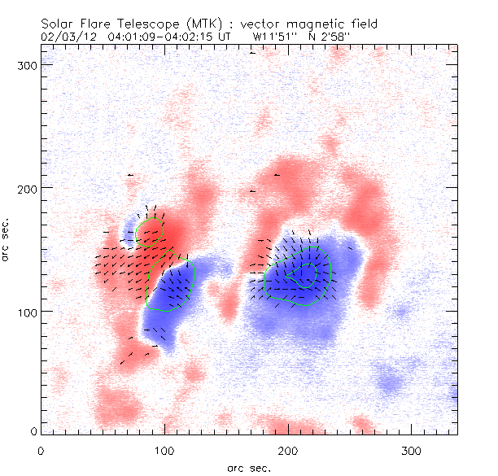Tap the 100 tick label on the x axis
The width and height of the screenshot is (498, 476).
[x=164, y=451]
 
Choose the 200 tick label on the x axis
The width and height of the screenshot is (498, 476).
[x=288, y=451]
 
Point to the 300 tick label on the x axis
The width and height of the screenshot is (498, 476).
[x=412, y=451]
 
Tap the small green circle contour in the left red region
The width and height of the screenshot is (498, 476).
[x=151, y=233]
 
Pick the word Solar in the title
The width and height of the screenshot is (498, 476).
[x=58, y=24]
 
